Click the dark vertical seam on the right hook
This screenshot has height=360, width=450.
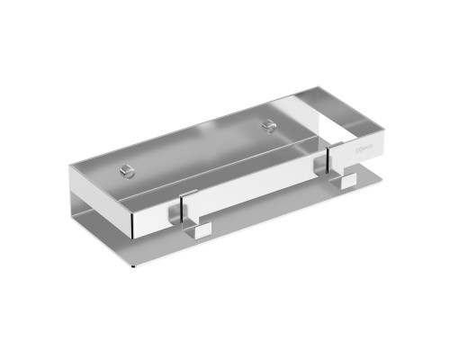click(x=328, y=166)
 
